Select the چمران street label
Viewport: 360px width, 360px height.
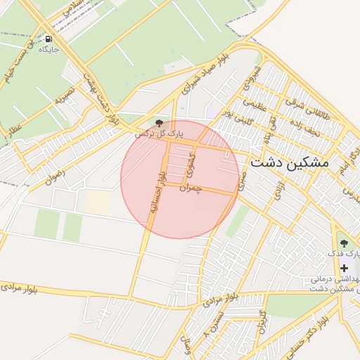click(191, 188)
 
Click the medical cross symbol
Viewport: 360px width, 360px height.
click(344, 268)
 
